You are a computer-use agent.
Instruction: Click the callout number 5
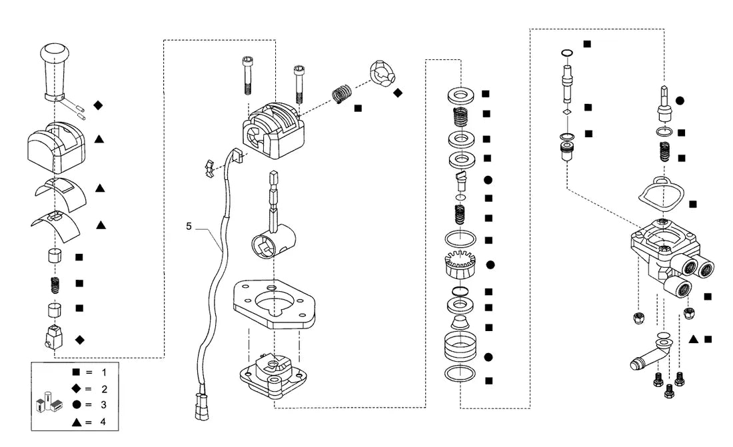pyautogui.click(x=189, y=226)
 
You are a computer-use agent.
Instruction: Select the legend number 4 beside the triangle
pyautogui.click(x=103, y=422)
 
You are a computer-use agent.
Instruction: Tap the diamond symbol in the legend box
pyautogui.click(x=76, y=388)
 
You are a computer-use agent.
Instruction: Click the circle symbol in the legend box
pyautogui.click(x=76, y=404)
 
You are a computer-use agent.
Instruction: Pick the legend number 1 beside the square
pyautogui.click(x=104, y=372)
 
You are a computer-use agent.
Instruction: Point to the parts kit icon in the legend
pyautogui.click(x=49, y=402)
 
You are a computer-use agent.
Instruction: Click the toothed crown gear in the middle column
pyautogui.click(x=460, y=264)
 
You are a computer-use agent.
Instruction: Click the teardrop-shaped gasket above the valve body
pyautogui.click(x=661, y=193)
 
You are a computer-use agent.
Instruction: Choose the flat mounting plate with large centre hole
pyautogui.click(x=274, y=304)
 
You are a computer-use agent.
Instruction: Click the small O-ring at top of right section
pyautogui.click(x=567, y=53)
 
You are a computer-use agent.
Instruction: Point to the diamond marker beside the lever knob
pyautogui.click(x=98, y=105)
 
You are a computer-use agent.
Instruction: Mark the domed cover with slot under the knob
pyautogui.click(x=56, y=147)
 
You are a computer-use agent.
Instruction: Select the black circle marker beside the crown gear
pyautogui.click(x=490, y=265)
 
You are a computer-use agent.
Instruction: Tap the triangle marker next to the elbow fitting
pyautogui.click(x=694, y=339)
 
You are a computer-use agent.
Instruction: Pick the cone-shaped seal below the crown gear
pyautogui.click(x=460, y=322)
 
